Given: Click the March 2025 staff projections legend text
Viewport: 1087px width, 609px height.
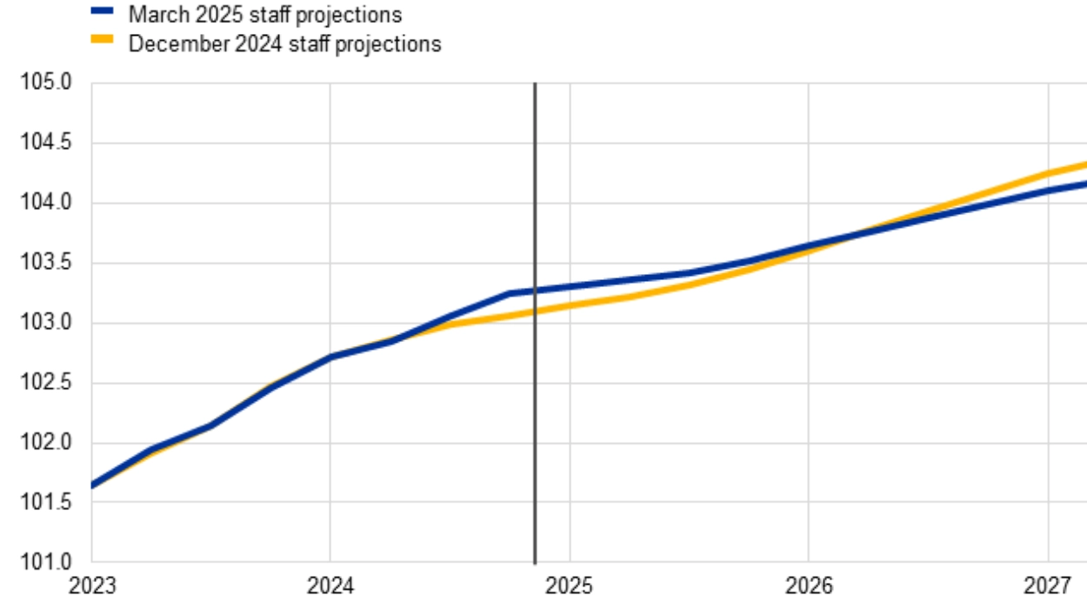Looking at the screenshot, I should point(264,15).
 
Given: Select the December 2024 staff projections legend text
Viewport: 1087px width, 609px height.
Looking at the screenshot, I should point(284,43).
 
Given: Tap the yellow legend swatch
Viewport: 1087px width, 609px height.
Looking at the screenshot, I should point(103,39).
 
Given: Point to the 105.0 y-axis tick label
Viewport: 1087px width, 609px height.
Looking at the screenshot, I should point(44,84).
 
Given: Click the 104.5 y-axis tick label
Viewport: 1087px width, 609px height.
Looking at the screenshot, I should point(44,144).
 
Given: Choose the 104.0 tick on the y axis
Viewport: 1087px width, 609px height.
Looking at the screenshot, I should point(44,204).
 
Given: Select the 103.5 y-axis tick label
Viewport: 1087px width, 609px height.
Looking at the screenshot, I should point(44,264).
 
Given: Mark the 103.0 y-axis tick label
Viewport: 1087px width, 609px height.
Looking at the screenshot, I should point(44,324).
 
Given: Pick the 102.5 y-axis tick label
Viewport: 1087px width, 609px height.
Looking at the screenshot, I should point(44,384).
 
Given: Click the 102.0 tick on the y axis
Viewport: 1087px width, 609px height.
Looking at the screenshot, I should point(44,444).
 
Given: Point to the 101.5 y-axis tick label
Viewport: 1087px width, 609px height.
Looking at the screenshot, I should point(44,504).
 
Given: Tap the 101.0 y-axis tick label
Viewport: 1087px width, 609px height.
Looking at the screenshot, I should point(44,563).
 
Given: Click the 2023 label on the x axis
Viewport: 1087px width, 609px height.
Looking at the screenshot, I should point(91,586).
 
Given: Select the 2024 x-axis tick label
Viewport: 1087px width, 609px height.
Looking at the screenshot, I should point(330,586).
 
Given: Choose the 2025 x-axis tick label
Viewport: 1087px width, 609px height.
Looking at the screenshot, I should point(570,586).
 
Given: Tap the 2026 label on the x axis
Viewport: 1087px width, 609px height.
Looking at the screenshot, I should point(809,586).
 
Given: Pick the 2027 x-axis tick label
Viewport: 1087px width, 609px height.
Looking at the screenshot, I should point(1048,586).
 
